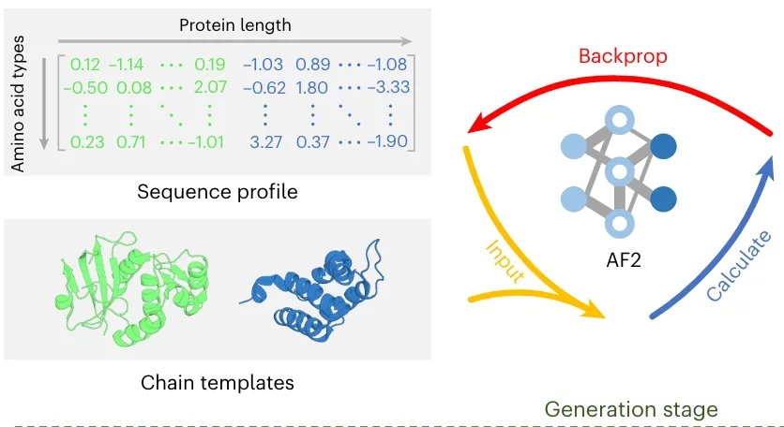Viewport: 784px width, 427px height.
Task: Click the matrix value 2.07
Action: click(210, 87)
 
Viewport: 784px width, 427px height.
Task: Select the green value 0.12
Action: click(85, 65)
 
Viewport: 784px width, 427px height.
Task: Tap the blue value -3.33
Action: click(388, 87)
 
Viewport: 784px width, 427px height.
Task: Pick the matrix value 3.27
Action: click(266, 141)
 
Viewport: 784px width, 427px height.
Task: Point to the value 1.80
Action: click(312, 87)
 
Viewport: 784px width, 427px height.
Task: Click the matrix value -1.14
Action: click(127, 65)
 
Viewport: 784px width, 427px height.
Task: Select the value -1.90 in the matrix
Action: click(388, 141)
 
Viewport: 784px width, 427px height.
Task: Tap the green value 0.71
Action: click(131, 141)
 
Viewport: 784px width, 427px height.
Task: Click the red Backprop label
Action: click(623, 56)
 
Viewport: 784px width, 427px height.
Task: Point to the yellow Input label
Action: click(505, 261)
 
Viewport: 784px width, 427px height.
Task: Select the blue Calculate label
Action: click(740, 265)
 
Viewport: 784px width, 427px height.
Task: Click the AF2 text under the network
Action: click(624, 260)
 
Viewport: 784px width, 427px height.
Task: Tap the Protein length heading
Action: click(235, 25)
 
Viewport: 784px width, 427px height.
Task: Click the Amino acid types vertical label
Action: click(18, 103)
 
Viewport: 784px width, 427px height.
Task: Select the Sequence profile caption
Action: click(218, 192)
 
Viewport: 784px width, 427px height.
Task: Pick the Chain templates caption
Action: click(218, 383)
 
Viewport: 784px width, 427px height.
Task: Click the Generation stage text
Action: click(631, 409)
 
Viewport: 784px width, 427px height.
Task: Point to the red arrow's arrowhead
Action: click(478, 124)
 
